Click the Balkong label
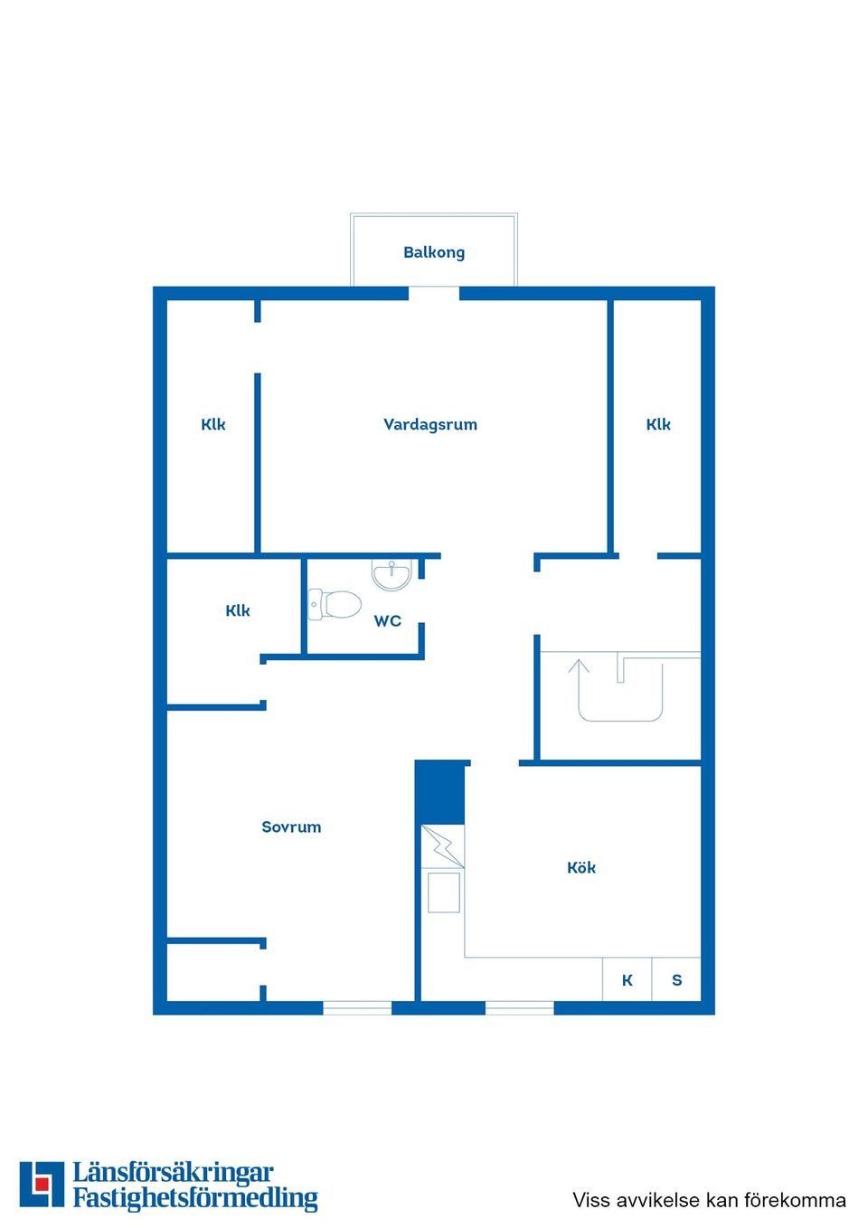tap(434, 252)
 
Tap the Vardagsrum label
tap(430, 424)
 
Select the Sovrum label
tap(291, 827)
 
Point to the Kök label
tap(581, 867)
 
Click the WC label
tap(388, 620)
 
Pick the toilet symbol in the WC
tap(335, 604)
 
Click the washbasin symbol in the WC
tap(392, 574)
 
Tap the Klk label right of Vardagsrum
tap(658, 424)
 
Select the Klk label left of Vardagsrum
tap(213, 424)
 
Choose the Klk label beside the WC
tap(238, 610)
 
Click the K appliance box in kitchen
tap(627, 980)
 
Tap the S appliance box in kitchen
tap(676, 980)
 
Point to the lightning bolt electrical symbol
tap(443, 846)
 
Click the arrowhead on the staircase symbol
tap(579, 666)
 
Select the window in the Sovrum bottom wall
tap(357, 1007)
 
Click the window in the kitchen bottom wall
tap(520, 1007)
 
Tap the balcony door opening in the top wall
tap(434, 293)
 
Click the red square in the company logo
tap(42, 1184)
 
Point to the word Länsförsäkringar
tap(173, 1173)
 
